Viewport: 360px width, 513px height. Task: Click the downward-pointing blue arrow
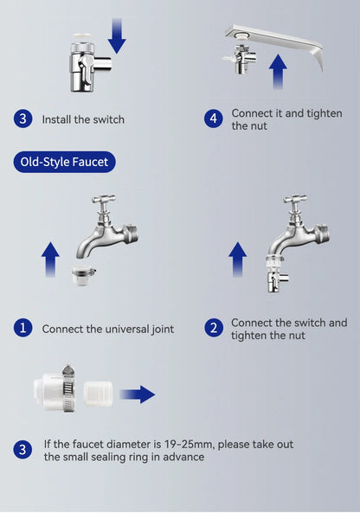117,35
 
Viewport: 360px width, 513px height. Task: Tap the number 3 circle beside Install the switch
22,119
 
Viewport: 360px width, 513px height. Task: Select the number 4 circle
214,119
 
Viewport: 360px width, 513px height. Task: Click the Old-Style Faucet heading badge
65,161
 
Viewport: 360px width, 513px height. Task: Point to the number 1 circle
22,328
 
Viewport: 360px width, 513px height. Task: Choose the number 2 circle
214,328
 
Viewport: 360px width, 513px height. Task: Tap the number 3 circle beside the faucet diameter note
22,449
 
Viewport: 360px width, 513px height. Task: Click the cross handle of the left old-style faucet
104,200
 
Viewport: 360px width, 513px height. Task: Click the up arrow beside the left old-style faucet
50,260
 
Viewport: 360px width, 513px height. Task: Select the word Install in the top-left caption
59,119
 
